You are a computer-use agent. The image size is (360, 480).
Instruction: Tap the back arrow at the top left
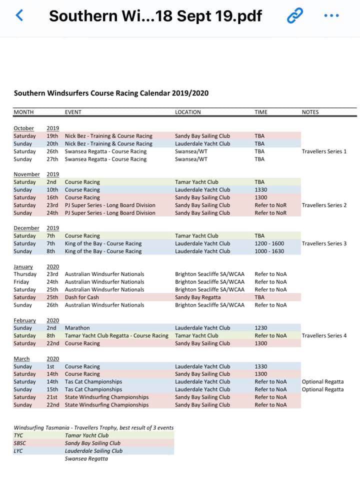coord(19,15)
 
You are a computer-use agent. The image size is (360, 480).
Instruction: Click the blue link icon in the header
coord(294,15)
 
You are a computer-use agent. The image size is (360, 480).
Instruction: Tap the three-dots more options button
coord(331,15)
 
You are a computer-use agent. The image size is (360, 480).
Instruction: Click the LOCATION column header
coord(187,112)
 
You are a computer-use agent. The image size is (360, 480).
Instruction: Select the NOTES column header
coord(310,112)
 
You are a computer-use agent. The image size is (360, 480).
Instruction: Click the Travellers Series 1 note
coord(324,151)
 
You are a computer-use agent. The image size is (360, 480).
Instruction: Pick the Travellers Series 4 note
coord(324,336)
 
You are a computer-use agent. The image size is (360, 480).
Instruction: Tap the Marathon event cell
coord(77,328)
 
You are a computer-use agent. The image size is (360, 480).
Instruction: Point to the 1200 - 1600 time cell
coord(269,244)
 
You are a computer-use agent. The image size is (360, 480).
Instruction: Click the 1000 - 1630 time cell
coord(269,251)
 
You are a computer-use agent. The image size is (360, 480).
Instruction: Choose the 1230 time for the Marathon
coord(261,328)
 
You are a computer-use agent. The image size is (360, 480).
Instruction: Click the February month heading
coord(24,320)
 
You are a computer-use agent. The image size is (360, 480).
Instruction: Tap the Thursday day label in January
coord(25,274)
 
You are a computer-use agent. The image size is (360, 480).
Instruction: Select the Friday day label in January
coord(22,282)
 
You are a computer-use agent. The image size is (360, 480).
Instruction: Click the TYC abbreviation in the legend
coord(18,435)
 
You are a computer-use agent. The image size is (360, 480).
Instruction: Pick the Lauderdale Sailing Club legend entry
coord(93,451)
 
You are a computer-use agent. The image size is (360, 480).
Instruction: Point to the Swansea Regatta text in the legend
coord(86,459)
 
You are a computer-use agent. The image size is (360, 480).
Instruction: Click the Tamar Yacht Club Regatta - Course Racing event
coord(116,336)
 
